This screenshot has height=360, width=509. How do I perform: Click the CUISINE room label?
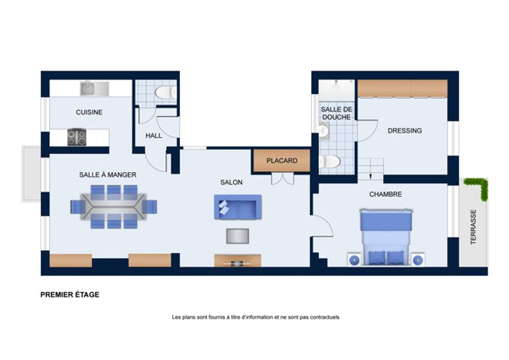[89, 112]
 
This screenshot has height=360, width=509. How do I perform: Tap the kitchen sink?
[95, 88]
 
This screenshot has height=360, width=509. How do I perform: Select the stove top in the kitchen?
[77, 137]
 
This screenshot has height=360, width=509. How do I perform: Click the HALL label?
[154, 135]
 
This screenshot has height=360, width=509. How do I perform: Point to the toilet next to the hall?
[165, 93]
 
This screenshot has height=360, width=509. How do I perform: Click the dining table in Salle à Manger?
[113, 207]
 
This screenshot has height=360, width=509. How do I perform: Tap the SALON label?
[232, 182]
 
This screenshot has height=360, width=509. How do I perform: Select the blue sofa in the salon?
[238, 207]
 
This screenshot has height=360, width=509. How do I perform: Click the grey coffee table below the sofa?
[238, 236]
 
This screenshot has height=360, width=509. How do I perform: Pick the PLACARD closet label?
[281, 160]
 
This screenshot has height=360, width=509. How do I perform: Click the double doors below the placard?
[282, 179]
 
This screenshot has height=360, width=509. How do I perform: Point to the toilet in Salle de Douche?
[329, 161]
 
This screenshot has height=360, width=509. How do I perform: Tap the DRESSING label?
[405, 131]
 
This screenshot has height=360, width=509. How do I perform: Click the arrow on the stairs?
[371, 176]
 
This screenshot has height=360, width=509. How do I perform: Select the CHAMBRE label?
[386, 194]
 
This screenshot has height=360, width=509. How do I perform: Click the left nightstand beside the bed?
[354, 259]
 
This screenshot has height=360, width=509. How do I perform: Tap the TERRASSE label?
[473, 227]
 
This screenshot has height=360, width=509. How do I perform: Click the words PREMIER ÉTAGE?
[70, 295]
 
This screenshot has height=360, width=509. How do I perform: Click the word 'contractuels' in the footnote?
[324, 317]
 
